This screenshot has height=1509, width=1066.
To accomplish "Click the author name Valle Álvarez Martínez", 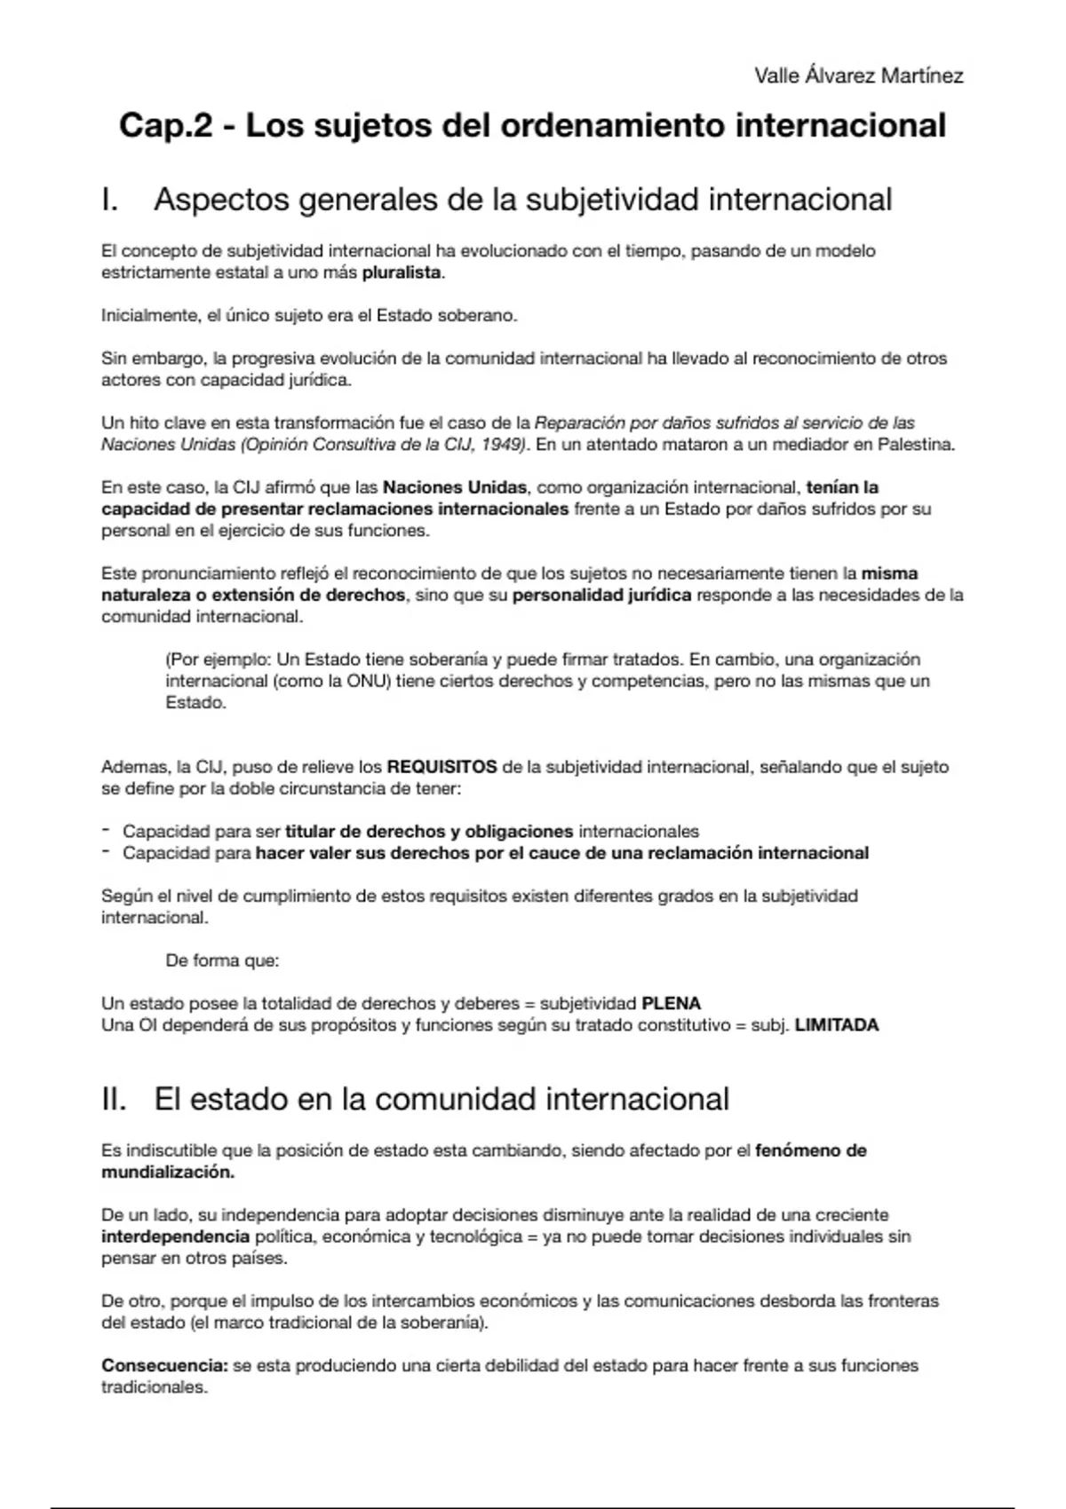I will coord(858,76).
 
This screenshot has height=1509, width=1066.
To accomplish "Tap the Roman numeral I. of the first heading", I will coord(110,200).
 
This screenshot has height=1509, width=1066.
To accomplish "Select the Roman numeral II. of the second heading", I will coord(115,1099).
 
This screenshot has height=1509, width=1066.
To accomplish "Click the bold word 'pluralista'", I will coord(402,273).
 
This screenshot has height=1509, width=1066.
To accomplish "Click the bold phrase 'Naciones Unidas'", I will coord(455,487).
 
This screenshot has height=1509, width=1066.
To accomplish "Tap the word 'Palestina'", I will coord(915,445).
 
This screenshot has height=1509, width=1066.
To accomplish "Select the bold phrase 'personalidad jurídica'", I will coord(601,595).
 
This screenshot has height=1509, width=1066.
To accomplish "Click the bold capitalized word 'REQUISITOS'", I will coord(442,767).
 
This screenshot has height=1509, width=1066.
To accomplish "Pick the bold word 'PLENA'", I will coord(671,1004).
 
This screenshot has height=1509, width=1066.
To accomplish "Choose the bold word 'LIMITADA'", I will coord(836,1025).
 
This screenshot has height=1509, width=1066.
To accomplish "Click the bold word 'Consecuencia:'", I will coord(164,1366).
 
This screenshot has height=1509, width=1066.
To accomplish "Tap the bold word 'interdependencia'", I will coord(175,1236).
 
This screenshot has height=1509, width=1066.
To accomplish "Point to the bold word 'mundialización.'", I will coord(168,1172).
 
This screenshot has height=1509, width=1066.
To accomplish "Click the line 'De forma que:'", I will coord(222,960).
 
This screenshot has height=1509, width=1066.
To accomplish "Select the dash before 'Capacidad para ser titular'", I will coord(106,831).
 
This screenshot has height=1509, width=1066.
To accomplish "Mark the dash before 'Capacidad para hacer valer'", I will coord(106,852).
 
